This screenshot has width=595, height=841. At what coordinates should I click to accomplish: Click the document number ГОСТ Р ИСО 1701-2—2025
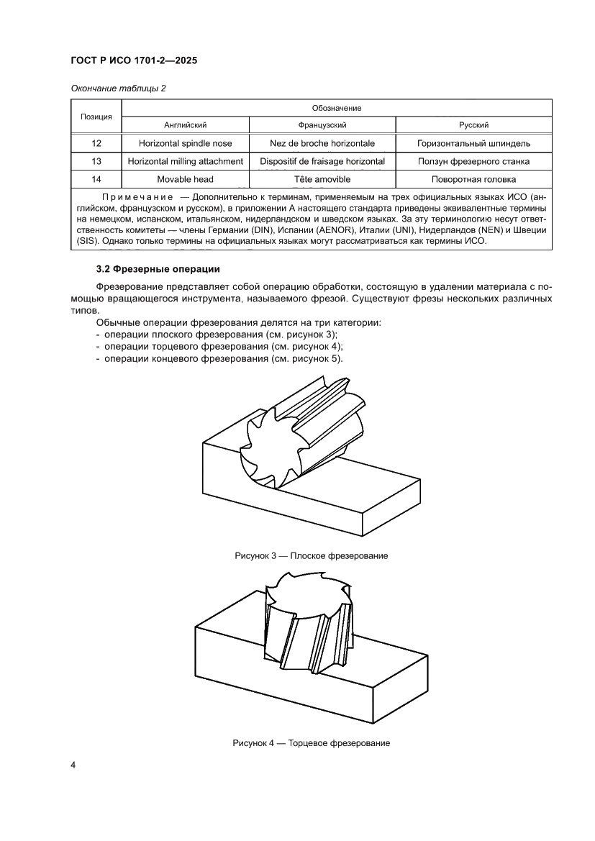click(x=134, y=61)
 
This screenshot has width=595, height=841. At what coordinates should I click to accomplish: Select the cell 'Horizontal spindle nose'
click(x=185, y=143)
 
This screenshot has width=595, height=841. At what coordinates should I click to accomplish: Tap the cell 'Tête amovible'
click(x=322, y=179)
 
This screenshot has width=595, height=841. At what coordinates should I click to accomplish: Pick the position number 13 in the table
click(x=96, y=161)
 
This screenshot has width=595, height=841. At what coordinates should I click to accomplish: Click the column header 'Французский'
click(x=322, y=124)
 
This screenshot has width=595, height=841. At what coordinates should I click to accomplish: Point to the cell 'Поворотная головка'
click(x=473, y=179)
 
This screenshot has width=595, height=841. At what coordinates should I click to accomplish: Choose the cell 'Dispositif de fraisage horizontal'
click(x=322, y=161)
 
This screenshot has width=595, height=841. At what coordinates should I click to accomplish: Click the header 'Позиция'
click(x=96, y=116)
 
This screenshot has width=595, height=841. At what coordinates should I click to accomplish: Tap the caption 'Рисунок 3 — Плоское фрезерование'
click(x=312, y=556)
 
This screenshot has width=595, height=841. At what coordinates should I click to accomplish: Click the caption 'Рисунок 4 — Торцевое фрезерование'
click(x=311, y=742)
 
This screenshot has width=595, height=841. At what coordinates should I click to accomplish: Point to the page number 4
click(x=73, y=765)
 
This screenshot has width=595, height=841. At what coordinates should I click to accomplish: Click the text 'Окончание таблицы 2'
click(x=119, y=88)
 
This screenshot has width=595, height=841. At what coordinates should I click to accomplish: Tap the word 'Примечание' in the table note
click(x=136, y=196)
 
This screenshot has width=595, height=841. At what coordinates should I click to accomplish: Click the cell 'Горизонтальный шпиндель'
click(x=473, y=143)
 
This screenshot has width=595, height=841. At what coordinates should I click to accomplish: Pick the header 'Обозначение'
click(x=337, y=108)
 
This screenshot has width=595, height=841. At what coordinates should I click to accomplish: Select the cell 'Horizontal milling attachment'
click(x=185, y=161)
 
